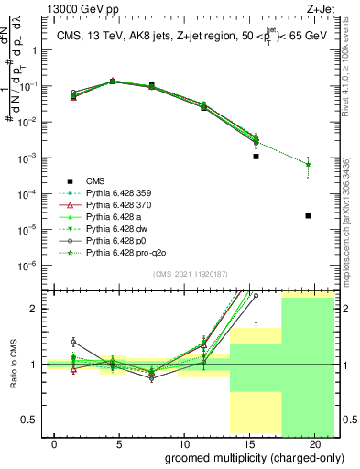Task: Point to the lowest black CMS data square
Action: pos(309,216)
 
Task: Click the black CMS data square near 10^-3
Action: pos(256,157)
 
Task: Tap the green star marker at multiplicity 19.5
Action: pos(309,165)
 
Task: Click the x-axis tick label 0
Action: pos(55,443)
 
